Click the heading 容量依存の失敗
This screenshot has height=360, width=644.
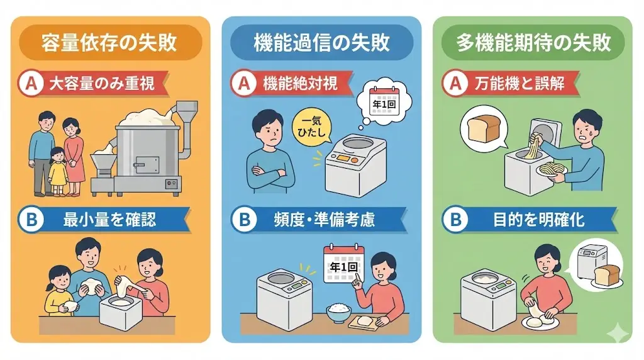pos(109,43)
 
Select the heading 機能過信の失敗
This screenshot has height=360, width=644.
pos(321,43)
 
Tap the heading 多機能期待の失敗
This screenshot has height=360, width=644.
pos(533,43)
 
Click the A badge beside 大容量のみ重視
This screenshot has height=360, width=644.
pos(31,84)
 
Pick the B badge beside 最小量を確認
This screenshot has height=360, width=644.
pos(31,220)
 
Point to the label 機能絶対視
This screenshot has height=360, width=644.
pos(300,84)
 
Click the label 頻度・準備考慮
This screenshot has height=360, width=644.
pos(324,220)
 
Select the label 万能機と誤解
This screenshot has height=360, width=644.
pos(519,84)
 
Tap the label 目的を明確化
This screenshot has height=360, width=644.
pos(538,220)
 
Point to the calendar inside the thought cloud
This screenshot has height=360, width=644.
pos(384,101)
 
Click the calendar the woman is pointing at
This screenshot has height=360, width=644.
pos(344,264)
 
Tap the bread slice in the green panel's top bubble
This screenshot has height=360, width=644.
pos(484,128)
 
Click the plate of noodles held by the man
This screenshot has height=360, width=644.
pos(551,170)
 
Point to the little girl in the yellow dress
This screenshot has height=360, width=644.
pos(58,171)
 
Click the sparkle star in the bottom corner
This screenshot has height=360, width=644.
pos(618,333)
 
